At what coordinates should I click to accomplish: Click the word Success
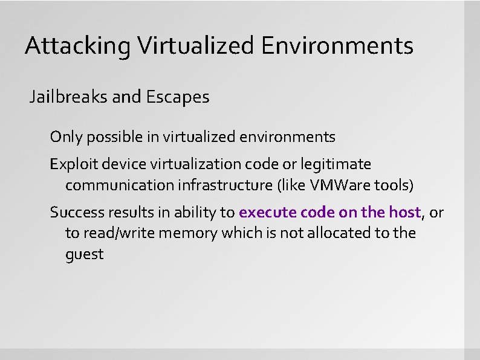tap(74, 213)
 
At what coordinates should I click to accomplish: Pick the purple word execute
tap(265, 213)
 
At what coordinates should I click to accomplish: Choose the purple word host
tap(406, 213)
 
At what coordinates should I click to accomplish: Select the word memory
tap(187, 233)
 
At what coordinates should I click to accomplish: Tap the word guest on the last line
tap(84, 254)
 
